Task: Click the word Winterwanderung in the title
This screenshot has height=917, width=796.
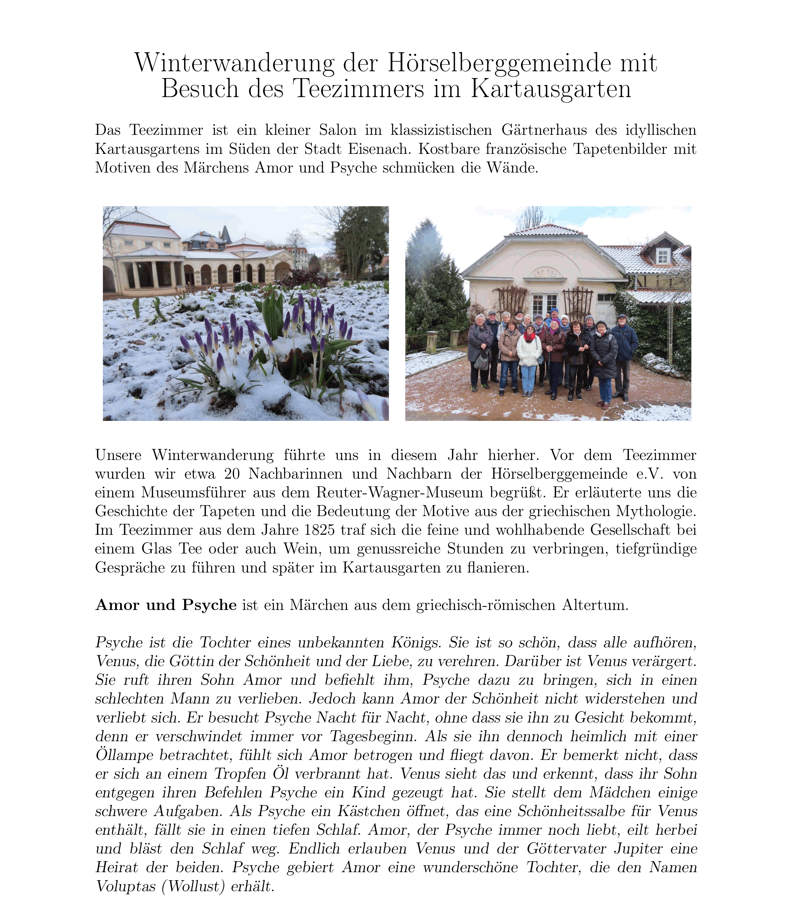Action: tap(234, 63)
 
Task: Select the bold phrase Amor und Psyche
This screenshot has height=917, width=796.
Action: tap(166, 605)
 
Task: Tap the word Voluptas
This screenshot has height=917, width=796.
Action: tap(126, 886)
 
